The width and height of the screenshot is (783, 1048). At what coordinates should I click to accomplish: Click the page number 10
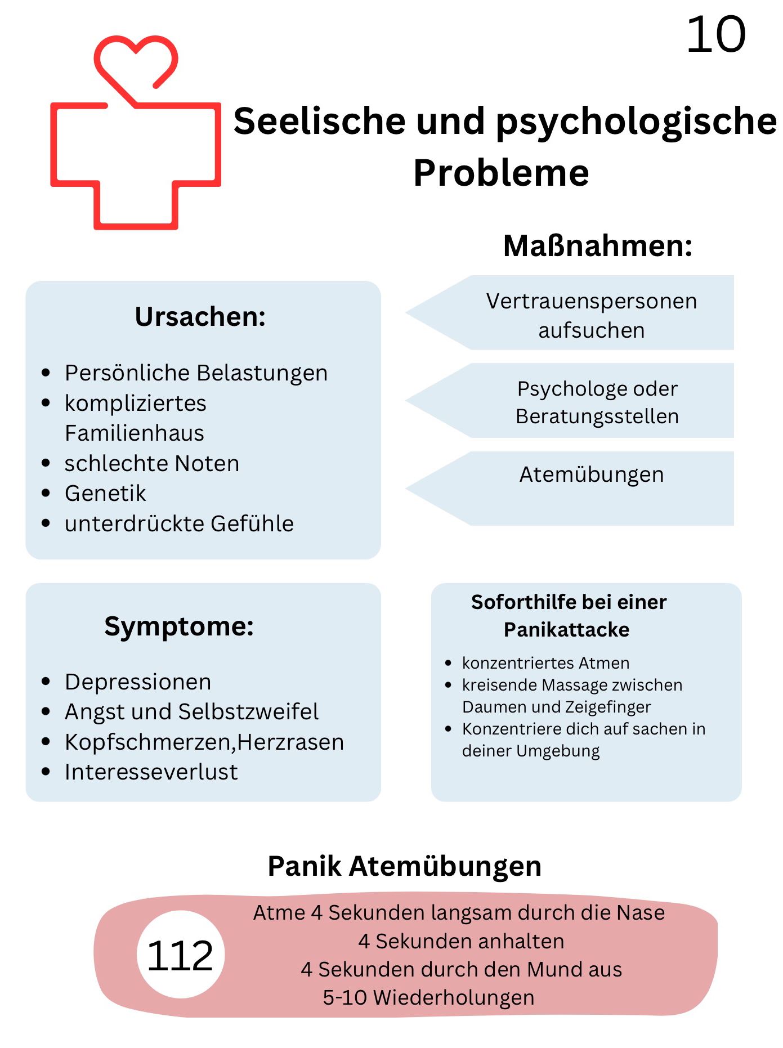tap(715, 35)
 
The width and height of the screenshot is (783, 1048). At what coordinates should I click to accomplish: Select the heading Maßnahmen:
tap(597, 246)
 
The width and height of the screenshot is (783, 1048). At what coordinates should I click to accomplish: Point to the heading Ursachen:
tap(200, 316)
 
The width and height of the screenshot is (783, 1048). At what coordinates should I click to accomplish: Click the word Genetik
tap(105, 494)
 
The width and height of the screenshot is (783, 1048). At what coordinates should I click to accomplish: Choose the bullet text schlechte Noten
tap(152, 463)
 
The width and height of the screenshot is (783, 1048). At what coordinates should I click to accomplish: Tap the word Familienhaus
tap(135, 433)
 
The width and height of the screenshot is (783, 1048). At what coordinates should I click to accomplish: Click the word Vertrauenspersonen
tap(592, 301)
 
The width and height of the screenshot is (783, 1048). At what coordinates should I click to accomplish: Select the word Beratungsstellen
tap(597, 416)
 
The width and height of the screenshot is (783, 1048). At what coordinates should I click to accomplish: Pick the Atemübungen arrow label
tap(592, 474)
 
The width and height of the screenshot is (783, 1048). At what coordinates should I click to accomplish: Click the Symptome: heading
tap(179, 626)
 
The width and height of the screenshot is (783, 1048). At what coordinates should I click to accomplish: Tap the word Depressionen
tap(138, 682)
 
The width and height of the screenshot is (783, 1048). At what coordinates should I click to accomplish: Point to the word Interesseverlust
tap(151, 772)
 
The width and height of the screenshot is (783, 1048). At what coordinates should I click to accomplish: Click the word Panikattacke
tap(566, 629)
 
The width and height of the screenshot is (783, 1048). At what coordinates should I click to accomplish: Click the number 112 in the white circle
tap(180, 956)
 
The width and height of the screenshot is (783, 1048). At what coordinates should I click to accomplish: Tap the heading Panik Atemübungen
tap(404, 866)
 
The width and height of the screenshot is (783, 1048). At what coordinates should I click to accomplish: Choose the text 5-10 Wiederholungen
tap(428, 997)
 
